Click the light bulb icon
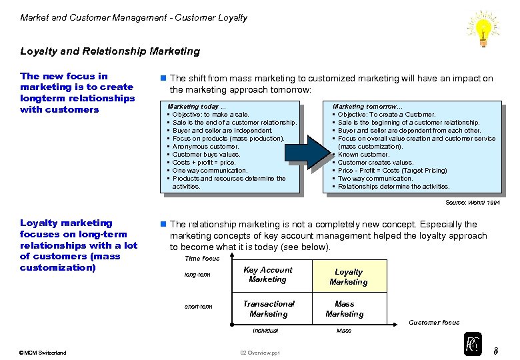pyautogui.click(x=483, y=27)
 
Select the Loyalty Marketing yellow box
pyautogui.click(x=349, y=277)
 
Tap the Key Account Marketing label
pyautogui.click(x=268, y=275)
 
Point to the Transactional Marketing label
pyautogui.click(x=268, y=309)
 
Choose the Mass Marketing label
pyautogui.click(x=345, y=309)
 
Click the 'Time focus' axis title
pyautogui.click(x=202, y=259)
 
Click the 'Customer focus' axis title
pyautogui.click(x=434, y=323)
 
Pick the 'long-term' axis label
pyautogui.click(x=198, y=274)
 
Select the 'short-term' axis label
pyautogui.click(x=199, y=307)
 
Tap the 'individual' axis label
pyautogui.click(x=265, y=331)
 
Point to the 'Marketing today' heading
pyautogui.click(x=197, y=107)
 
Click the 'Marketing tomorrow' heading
pyautogui.click(x=368, y=107)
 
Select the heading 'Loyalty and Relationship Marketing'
pyautogui.click(x=110, y=51)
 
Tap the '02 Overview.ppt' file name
pyautogui.click(x=260, y=353)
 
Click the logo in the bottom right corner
pyautogui.click(x=473, y=344)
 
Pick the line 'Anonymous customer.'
pyautogui.click(x=207, y=147)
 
